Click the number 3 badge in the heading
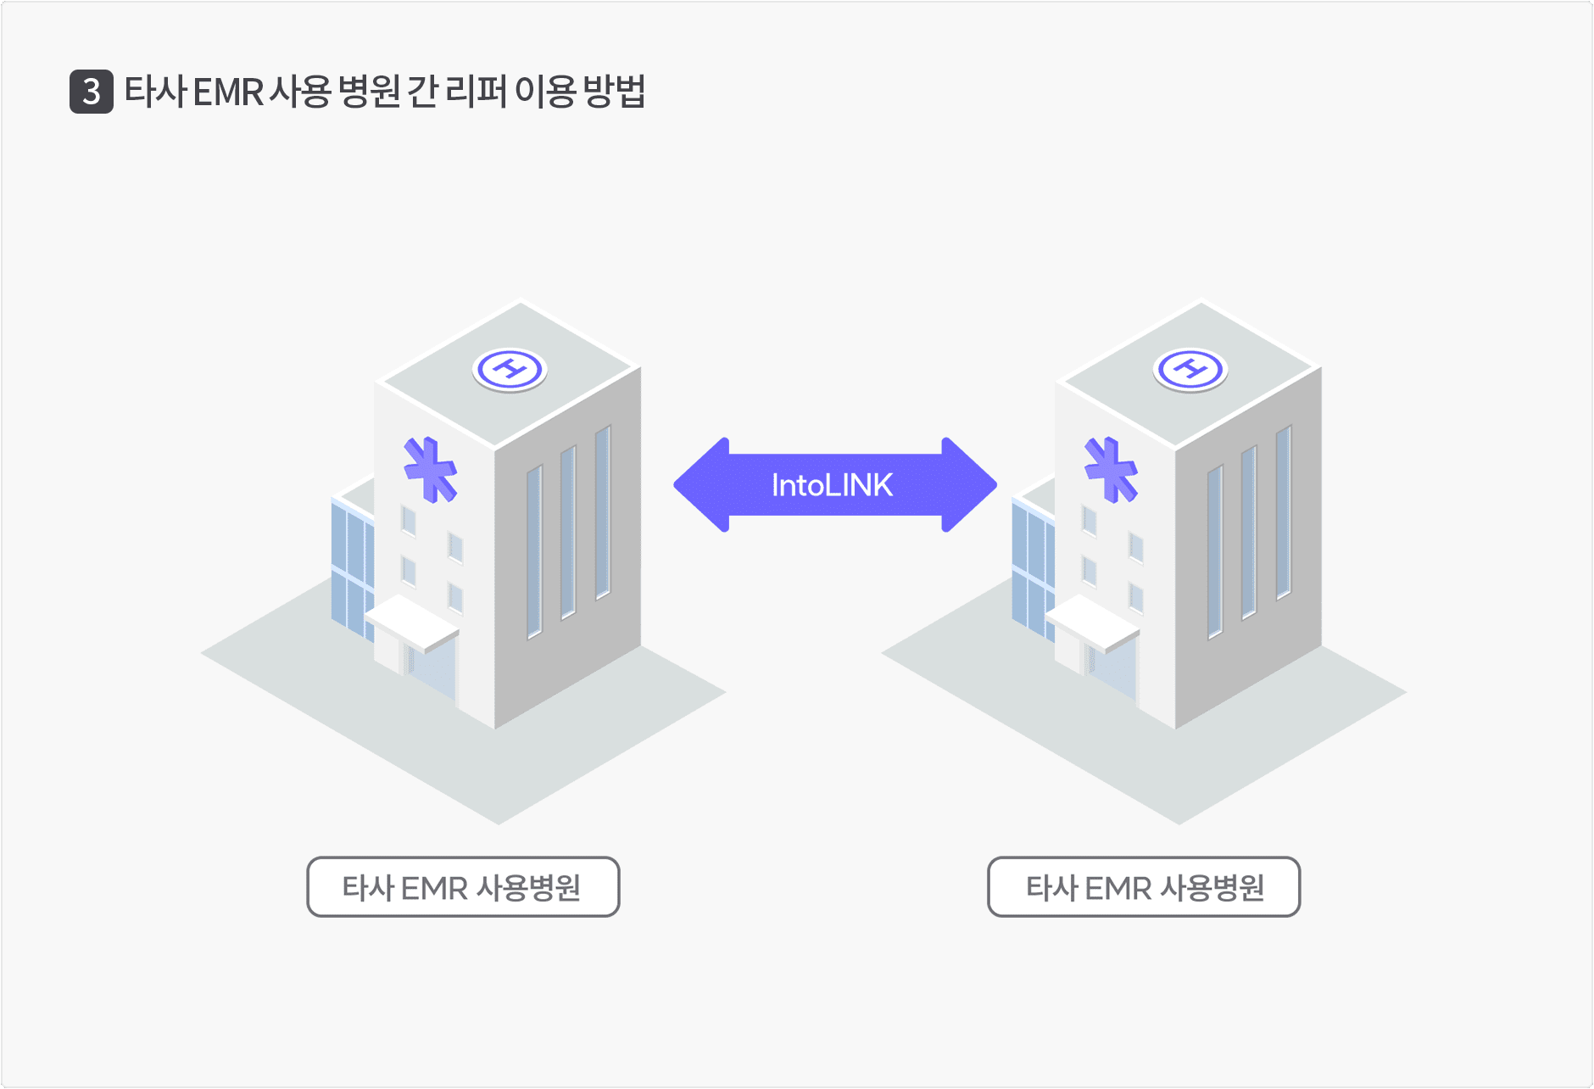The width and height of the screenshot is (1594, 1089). click(92, 92)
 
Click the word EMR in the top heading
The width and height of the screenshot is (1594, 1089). click(228, 92)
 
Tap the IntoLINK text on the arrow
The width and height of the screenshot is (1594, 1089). click(832, 485)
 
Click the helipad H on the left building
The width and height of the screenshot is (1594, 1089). click(510, 370)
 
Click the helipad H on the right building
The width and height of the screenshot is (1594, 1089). click(1190, 370)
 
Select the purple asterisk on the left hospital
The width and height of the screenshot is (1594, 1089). click(431, 470)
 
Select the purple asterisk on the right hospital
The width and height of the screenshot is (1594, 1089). click(1112, 470)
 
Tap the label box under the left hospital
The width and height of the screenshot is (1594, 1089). click(463, 887)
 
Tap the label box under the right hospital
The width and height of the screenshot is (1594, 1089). click(1144, 887)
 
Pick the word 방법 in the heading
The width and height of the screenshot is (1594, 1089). click(614, 92)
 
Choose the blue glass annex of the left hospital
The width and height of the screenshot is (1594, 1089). click(352, 564)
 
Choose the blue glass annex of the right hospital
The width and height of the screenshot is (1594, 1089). click(1033, 564)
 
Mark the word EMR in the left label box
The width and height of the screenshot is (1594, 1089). click(434, 888)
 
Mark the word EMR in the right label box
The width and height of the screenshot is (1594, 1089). click(1118, 888)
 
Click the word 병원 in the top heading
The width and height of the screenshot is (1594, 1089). click(369, 92)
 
